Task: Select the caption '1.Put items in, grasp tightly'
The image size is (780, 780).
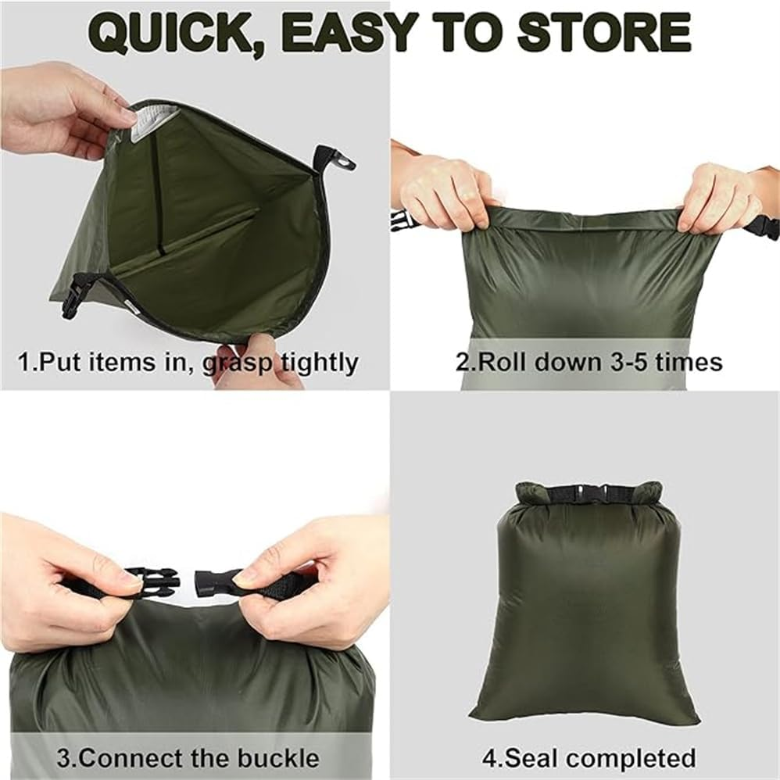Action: [x=188, y=363]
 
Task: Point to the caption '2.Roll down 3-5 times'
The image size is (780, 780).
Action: [x=589, y=362]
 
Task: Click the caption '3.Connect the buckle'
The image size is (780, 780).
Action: [x=188, y=758]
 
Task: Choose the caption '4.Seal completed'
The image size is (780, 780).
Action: [x=588, y=758]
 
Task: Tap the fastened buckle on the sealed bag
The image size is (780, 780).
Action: [x=588, y=494]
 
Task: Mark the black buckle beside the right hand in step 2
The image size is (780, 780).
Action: [x=764, y=226]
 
